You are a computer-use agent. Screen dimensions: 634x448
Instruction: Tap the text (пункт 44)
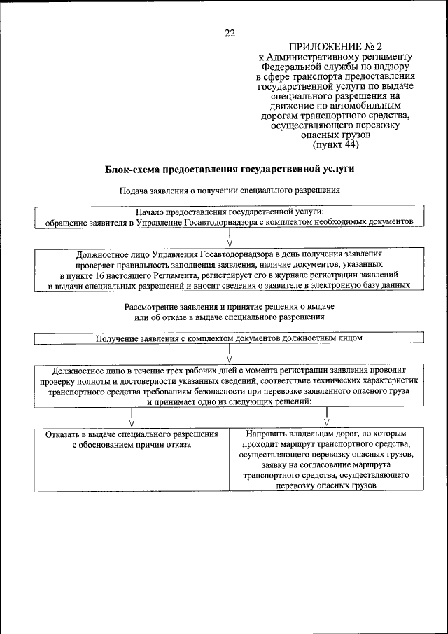point(337,145)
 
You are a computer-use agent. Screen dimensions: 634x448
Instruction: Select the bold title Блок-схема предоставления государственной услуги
point(230,169)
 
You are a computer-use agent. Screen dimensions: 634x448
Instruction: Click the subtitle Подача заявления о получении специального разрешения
point(230,190)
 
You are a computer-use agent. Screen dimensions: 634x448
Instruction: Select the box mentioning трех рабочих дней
point(230,386)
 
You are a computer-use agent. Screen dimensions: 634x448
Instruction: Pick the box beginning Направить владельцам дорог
point(327,459)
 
